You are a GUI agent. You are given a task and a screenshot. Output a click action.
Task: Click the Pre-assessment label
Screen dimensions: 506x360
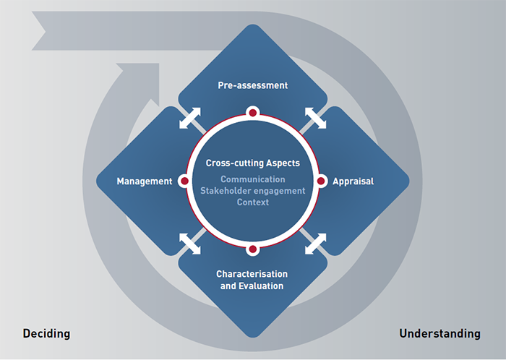tap(253, 85)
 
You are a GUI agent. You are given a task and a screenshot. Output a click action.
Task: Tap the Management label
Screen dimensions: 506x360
tap(145, 181)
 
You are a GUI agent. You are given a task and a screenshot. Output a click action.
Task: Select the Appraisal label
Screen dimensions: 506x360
tap(353, 181)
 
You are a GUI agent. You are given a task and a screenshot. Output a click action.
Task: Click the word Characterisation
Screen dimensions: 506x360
tap(252, 274)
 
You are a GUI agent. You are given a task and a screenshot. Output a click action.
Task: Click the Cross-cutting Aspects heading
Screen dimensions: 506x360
tap(253, 163)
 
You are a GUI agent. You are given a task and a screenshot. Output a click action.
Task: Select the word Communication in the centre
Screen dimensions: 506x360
tap(253, 179)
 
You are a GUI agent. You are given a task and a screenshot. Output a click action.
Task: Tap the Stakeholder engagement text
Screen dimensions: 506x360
tap(253, 191)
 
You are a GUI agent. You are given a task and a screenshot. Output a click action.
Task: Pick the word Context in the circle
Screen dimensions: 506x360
tap(253, 202)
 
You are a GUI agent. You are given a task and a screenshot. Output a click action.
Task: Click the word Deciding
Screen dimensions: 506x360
tap(46, 333)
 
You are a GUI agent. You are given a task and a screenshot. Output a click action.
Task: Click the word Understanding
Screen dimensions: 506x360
tap(439, 333)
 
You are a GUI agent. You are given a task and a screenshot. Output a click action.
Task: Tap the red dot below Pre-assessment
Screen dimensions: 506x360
tap(253, 113)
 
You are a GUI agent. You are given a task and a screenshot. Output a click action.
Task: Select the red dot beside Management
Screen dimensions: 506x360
tap(184, 181)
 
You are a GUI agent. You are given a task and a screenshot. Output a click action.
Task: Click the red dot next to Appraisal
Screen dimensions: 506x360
tap(321, 181)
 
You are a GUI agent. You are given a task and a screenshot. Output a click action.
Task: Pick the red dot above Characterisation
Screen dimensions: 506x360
tap(253, 249)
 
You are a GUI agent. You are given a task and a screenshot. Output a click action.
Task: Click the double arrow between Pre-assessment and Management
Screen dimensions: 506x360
tap(190, 118)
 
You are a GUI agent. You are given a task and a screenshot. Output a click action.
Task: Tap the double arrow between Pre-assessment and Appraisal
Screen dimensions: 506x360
tap(316, 118)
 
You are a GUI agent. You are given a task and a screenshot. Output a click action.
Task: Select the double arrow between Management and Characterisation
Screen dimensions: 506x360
tap(190, 244)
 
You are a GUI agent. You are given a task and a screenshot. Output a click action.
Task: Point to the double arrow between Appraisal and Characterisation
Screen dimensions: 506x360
tap(316, 244)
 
